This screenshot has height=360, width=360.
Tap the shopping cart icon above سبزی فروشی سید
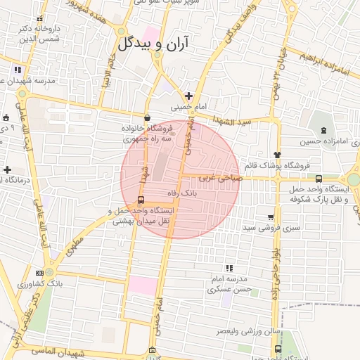point(271,217)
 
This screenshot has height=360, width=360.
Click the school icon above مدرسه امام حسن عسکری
point(229,268)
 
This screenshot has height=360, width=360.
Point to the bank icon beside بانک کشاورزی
point(39,273)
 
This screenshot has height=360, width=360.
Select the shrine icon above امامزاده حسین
point(323,130)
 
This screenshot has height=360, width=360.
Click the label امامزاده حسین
point(323,141)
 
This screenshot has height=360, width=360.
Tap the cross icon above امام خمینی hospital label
point(188,95)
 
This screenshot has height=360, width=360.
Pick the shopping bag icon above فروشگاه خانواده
point(146,118)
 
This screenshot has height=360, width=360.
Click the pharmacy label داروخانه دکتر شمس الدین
point(40,34)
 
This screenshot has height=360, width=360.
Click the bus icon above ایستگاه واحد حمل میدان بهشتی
point(141,200)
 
